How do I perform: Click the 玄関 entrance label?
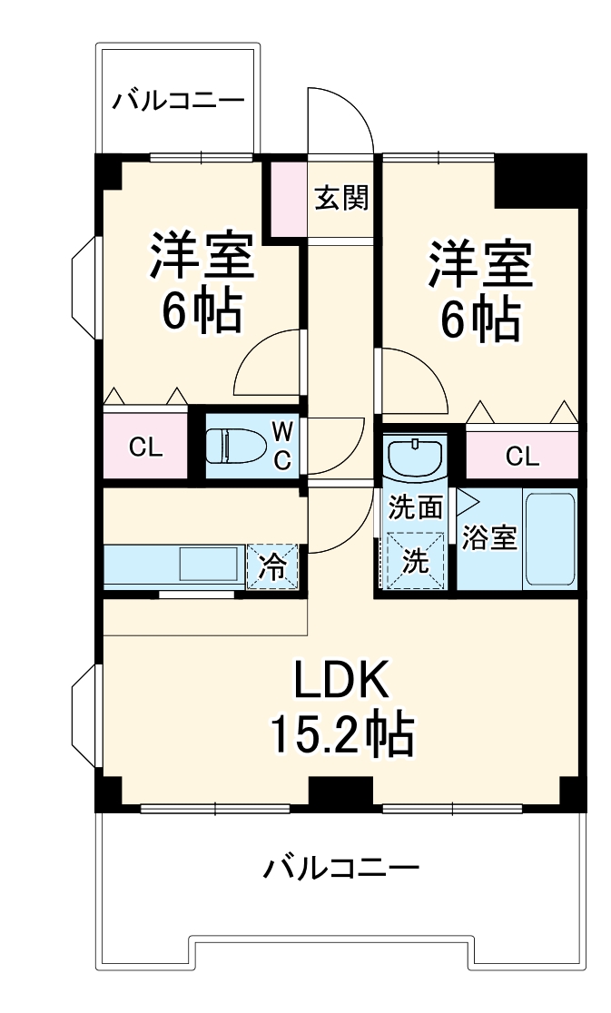click(x=340, y=198)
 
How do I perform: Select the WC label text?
click(x=282, y=446)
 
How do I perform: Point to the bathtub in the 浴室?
click(x=550, y=539)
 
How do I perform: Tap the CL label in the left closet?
click(x=145, y=447)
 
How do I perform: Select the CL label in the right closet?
click(x=522, y=456)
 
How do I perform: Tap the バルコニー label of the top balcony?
click(x=179, y=101)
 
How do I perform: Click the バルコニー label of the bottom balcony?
click(x=341, y=869)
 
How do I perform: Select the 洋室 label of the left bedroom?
click(x=201, y=259)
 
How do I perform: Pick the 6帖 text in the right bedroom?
click(x=480, y=319)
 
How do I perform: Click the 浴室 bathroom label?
click(x=490, y=537)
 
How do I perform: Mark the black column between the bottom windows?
click(x=340, y=792)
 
